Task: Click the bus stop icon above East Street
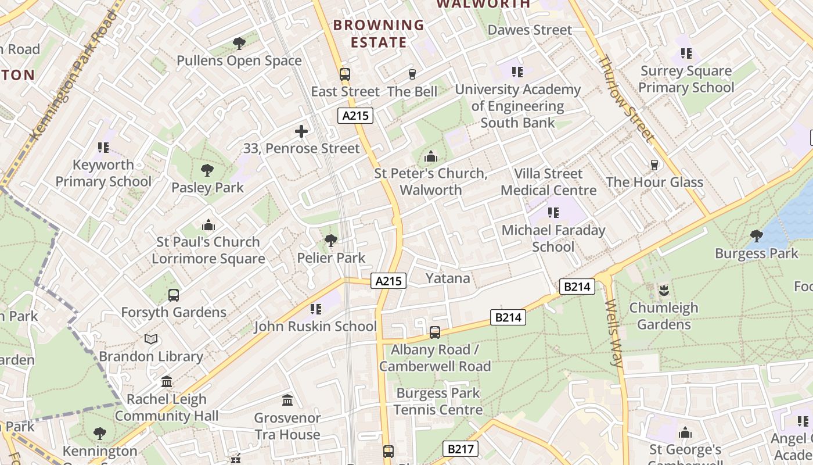point(345,74)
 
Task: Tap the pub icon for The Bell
point(412,74)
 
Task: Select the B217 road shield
point(461,449)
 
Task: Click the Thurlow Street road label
point(625,99)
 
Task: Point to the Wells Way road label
point(614,333)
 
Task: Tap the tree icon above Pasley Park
point(207,170)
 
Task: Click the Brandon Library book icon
point(151,339)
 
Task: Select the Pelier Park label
point(331,257)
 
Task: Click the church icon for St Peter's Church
point(431,156)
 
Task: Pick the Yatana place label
point(448,278)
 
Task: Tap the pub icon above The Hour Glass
point(654,165)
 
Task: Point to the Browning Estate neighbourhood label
point(379,34)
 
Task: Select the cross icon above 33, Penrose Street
point(301,131)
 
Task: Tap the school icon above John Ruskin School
point(316,309)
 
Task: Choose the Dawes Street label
point(530,30)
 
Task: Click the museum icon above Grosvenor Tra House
point(287,400)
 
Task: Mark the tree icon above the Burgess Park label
point(756,236)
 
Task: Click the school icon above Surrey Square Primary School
point(686,54)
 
